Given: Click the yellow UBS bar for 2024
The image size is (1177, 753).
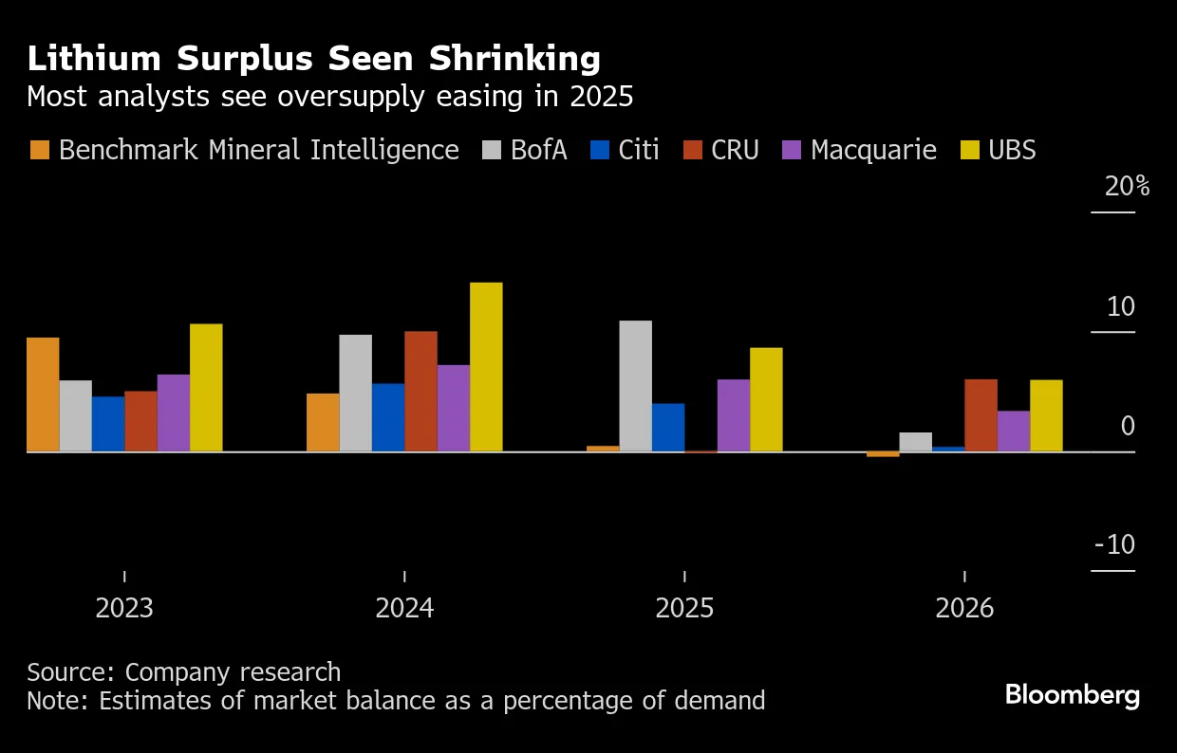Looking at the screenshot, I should [x=486, y=367].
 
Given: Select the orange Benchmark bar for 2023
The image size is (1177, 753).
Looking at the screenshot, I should [x=43, y=395].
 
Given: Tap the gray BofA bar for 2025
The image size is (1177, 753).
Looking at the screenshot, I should [x=635, y=386].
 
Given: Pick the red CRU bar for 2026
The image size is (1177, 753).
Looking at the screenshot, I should [x=981, y=415].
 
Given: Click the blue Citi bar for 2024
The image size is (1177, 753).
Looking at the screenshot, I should [x=388, y=417].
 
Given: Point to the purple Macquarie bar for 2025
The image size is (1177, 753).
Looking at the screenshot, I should [x=733, y=415].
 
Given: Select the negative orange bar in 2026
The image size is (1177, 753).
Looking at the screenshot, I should [x=883, y=454].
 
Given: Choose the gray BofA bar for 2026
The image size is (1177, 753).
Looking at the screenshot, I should [x=915, y=442].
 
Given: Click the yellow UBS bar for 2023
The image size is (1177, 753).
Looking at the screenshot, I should [x=206, y=388].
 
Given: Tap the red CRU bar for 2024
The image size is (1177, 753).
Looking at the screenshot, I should [x=420, y=392].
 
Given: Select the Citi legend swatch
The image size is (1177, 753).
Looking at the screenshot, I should [x=600, y=150].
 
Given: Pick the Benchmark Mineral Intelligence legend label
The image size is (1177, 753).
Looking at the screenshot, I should [x=258, y=150].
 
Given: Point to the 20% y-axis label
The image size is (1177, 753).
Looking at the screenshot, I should [x=1127, y=187].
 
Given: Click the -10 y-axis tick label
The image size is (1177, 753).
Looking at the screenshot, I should [x=1114, y=544].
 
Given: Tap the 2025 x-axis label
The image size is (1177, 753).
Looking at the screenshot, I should [x=684, y=608].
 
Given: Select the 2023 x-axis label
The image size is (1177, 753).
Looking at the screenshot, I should [x=124, y=608].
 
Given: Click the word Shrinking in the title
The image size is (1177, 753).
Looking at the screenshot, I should [x=514, y=60].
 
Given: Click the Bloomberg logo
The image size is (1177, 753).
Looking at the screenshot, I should [x=1073, y=695].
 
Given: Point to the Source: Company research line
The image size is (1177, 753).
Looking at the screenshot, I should [x=183, y=672].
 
